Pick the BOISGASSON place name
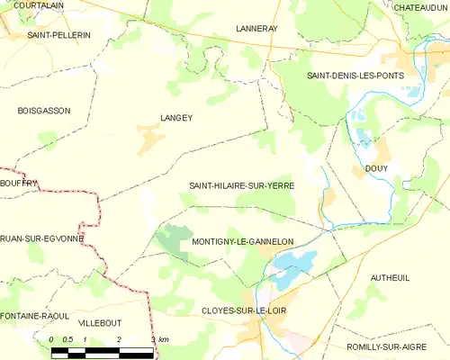tap(43, 110)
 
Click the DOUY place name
tap(376, 167)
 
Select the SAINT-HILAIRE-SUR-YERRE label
tap(241, 185)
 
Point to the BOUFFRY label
tap(19, 183)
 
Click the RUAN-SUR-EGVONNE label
tap(41, 239)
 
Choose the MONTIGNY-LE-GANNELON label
tap(243, 242)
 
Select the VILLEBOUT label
tap(99, 321)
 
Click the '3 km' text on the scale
tap(160, 339)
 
